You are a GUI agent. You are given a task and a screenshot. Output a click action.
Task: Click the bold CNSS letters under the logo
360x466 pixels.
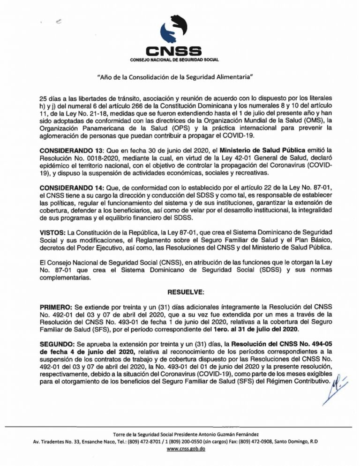(174, 50)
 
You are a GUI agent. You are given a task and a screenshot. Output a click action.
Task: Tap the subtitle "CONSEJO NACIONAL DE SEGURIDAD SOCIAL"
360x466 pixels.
(174, 60)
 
